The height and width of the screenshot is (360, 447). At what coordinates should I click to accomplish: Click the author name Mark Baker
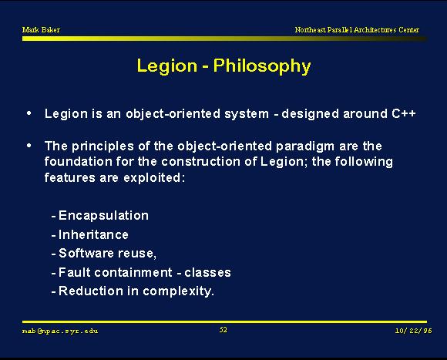pos(41,29)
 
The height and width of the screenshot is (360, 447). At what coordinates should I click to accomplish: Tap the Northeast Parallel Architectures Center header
pos(357,29)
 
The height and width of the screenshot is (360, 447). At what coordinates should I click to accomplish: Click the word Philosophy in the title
pos(262,66)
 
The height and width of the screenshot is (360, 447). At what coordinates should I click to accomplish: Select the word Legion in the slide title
pos(167,66)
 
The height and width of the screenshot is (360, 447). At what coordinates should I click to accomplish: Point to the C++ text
pos(404,113)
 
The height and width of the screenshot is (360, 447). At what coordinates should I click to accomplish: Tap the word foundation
pos(79,162)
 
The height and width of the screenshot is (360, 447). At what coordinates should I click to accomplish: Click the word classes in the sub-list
pos(207,273)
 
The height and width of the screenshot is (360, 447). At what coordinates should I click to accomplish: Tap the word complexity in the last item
pos(178,291)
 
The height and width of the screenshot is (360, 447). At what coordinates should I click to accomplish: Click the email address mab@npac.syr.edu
pos(60,331)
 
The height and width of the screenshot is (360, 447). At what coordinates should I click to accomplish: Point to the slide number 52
pos(223,330)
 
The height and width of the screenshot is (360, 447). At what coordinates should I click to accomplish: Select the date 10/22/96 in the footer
pos(413,331)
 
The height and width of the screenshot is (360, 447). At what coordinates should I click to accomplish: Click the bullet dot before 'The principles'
pos(29,146)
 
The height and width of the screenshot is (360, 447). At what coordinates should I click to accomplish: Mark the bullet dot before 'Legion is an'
pos(29,113)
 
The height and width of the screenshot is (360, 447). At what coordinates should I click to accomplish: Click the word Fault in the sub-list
pos(75,272)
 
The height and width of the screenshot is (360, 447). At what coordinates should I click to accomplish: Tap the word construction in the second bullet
pos(200,162)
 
